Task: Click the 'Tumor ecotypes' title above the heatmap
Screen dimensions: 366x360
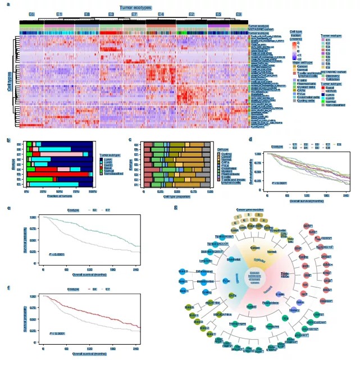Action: [135, 7]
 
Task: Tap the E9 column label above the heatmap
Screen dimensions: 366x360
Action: [239, 13]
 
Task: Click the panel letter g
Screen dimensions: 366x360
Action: [176, 208]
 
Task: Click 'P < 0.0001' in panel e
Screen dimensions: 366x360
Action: [57, 254]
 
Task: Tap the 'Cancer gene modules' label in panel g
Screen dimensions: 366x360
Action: [250, 209]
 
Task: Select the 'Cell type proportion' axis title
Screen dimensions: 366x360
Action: [175, 196]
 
